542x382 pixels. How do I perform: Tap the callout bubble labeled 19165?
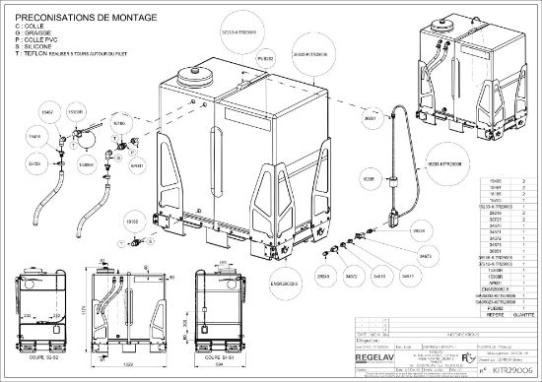131,223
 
